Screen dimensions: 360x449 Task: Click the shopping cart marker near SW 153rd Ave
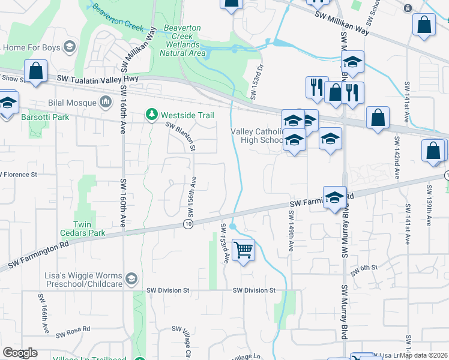243,250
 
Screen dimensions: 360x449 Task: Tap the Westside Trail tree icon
152,114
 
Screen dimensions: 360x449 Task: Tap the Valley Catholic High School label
256,136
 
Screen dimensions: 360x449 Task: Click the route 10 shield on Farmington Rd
188,224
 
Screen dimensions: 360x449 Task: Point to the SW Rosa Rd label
73,331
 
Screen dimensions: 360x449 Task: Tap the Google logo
20,353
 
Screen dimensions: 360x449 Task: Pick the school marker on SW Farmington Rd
334,197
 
